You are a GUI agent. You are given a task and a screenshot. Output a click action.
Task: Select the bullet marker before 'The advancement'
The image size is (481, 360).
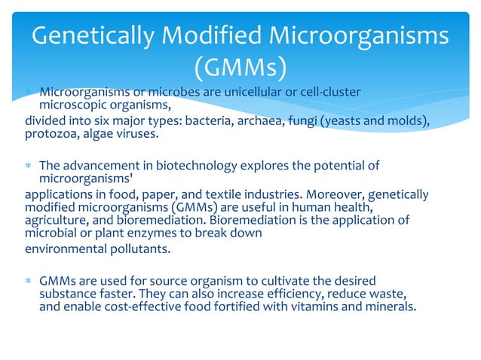pyautogui.click(x=28, y=166)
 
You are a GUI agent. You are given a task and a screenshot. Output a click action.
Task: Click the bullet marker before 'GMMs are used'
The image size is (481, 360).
pyautogui.click(x=28, y=280)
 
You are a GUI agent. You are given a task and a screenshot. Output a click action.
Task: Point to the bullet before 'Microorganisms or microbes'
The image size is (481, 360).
pyautogui.click(x=28, y=93)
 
